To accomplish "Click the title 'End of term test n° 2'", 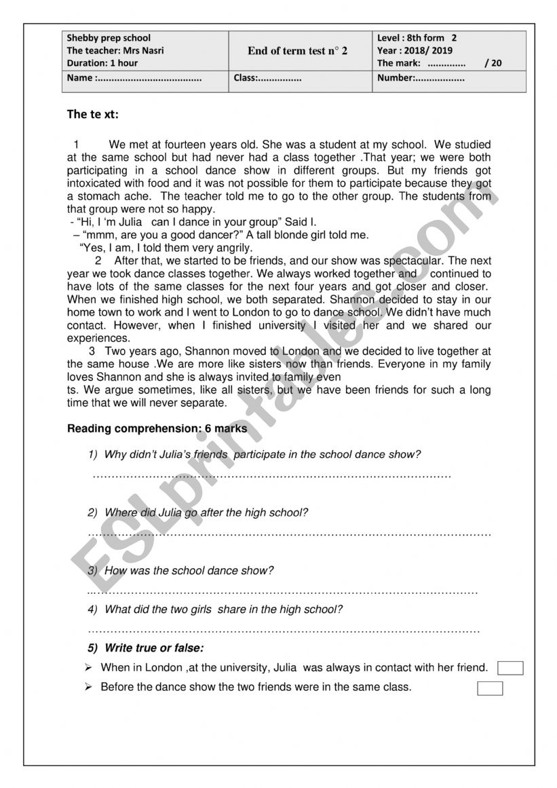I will point(297,51).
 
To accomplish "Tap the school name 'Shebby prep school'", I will point(109,38).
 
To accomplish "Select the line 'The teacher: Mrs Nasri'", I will point(115,51).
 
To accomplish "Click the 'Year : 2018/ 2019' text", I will point(415,51).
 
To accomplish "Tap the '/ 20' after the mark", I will point(494,63).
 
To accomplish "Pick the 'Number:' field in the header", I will point(397,78).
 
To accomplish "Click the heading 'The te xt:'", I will point(93,114).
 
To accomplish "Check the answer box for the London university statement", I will point(510,669).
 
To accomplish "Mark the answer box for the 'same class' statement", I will point(490,689).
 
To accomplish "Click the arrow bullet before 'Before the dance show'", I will point(88,687).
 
